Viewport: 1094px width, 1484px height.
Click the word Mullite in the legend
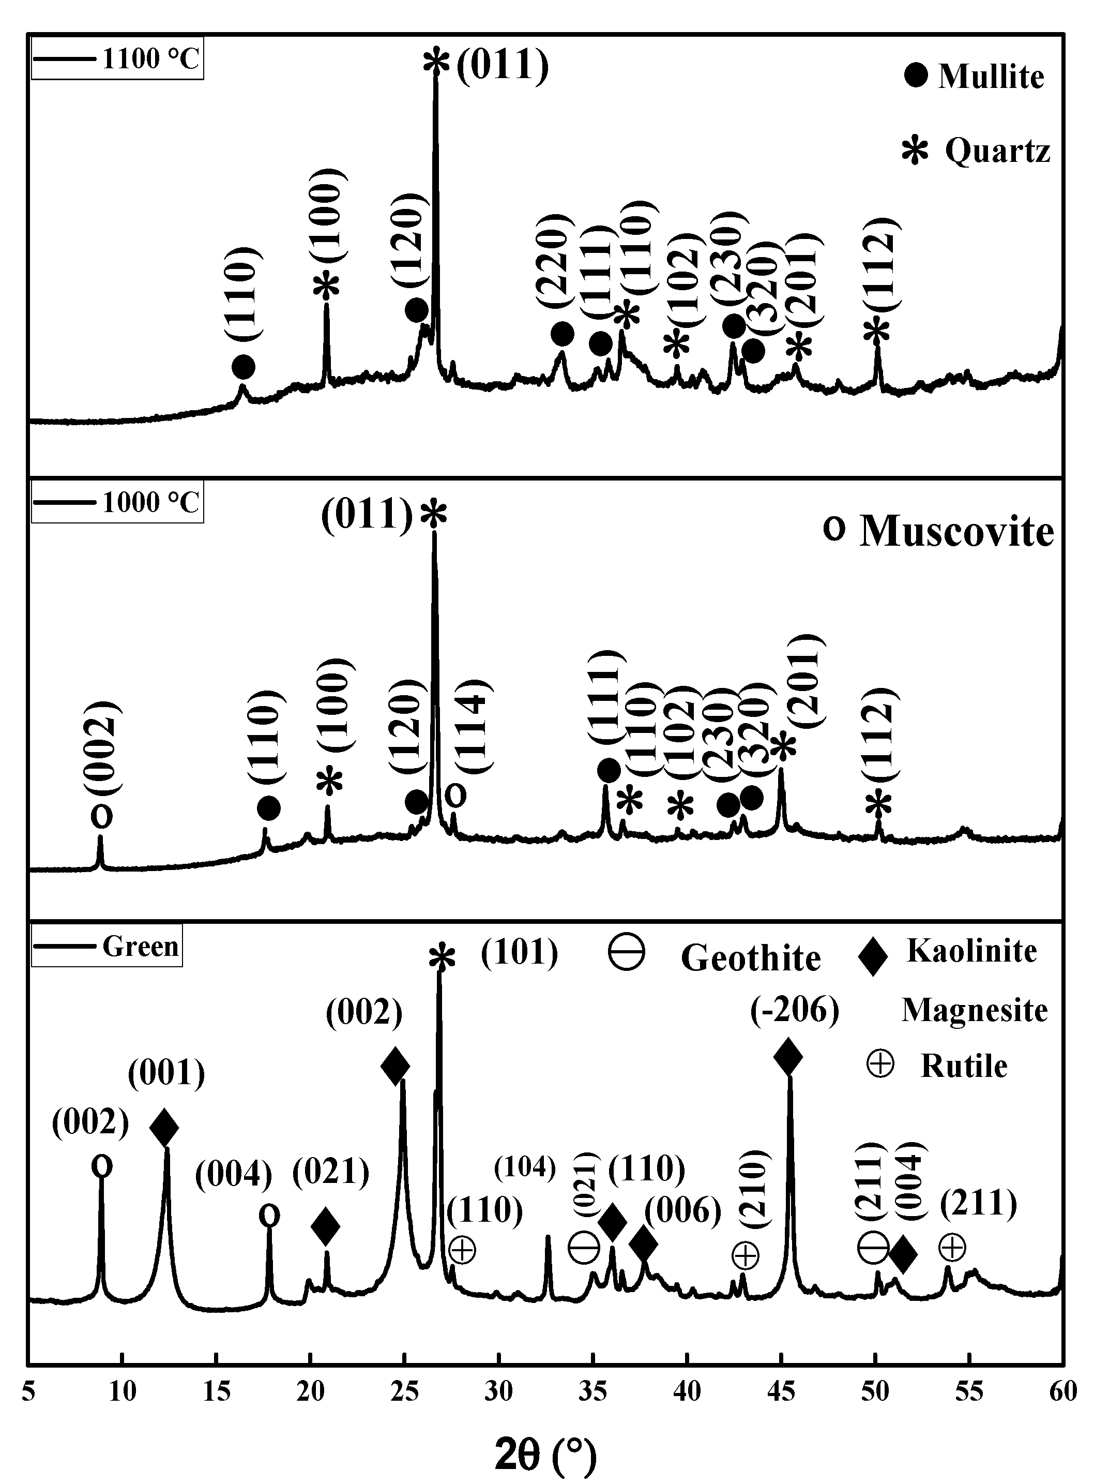pyautogui.click(x=991, y=77)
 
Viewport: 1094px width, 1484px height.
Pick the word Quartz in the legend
pyautogui.click(x=997, y=151)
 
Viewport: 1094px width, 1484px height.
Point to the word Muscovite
pyautogui.click(x=956, y=531)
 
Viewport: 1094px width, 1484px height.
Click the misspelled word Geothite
pyautogui.click(x=750, y=958)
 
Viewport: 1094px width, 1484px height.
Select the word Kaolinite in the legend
pyautogui.click(x=971, y=951)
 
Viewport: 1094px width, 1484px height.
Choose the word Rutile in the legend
pyautogui.click(x=964, y=1066)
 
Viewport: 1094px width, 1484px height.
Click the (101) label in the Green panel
pyautogui.click(x=520, y=953)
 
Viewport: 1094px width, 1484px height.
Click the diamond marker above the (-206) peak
pyautogui.click(x=788, y=1057)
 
